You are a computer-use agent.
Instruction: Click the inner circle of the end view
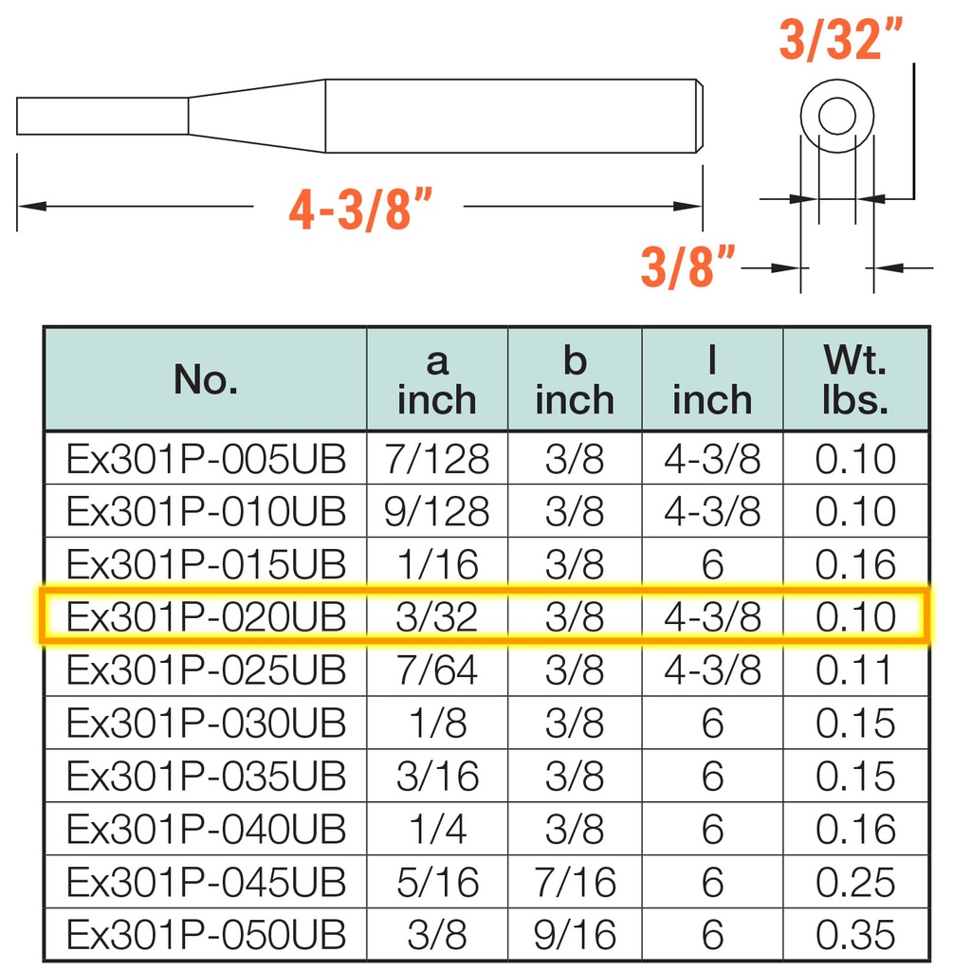[x=836, y=117]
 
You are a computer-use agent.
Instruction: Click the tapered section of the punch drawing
[x=256, y=116]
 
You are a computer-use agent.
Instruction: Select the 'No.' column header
[x=205, y=379]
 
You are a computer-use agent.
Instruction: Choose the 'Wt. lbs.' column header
[x=855, y=379]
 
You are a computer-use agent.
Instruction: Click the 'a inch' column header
[x=436, y=379]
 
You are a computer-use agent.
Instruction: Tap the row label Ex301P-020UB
[x=206, y=617]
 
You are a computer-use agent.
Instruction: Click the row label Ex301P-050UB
[x=206, y=935]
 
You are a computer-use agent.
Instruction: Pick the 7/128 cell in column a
[x=436, y=460]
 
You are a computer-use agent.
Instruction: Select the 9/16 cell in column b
[x=575, y=935]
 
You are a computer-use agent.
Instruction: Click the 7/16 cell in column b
[x=575, y=883]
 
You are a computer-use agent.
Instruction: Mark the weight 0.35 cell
[x=855, y=935]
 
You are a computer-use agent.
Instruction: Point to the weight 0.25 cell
[x=855, y=883]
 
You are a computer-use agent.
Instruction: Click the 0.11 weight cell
[x=855, y=670]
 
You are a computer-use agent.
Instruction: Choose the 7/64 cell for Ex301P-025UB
[x=436, y=670]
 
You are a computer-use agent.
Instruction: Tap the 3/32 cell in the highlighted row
[x=436, y=617]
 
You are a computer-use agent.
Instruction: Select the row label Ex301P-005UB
[x=206, y=460]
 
